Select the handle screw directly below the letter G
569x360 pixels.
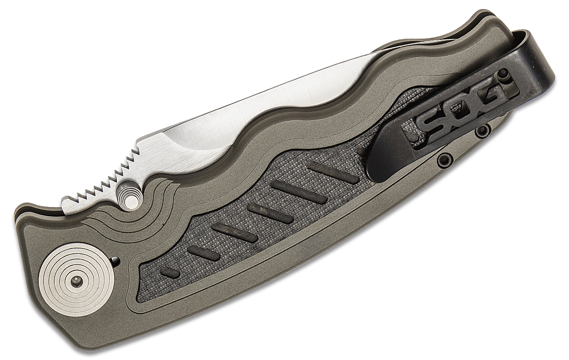(483, 131)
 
